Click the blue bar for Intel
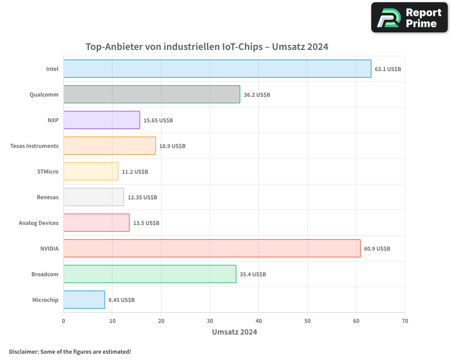[217, 69]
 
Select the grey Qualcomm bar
[152, 94]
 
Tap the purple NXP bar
[102, 120]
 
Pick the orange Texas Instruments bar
[109, 146]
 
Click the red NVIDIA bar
[212, 248]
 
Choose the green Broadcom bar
[150, 274]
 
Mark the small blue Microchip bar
[84, 300]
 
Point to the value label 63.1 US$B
[388, 69]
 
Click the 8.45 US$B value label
[121, 300]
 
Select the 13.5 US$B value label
[146, 223]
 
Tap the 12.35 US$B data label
[142, 198]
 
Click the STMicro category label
[48, 171]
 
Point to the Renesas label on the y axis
[48, 197]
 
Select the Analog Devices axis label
[39, 223]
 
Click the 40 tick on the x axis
[259, 321]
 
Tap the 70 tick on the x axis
[405, 321]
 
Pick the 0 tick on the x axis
[63, 321]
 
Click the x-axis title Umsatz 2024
[234, 332]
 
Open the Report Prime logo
[409, 18]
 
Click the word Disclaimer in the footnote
[23, 351]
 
